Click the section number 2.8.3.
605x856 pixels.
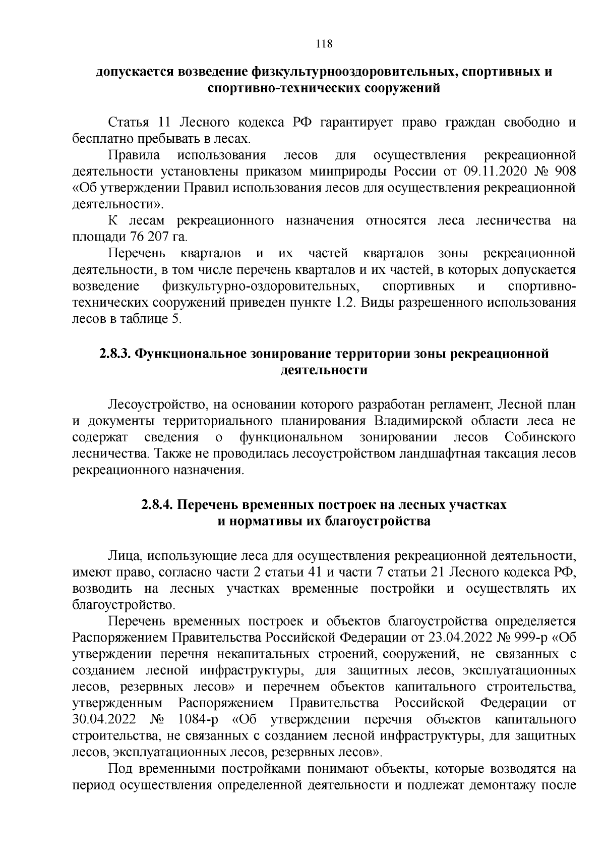click(115, 354)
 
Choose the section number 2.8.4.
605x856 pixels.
click(158, 505)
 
